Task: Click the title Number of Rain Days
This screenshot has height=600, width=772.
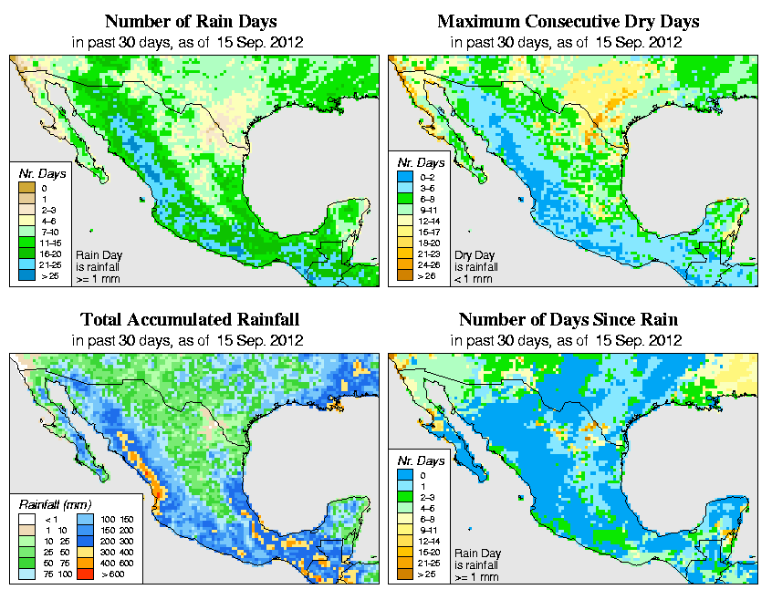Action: tap(190, 21)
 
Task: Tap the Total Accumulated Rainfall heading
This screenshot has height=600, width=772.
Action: tap(190, 320)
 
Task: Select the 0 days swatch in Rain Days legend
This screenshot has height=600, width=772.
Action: tap(27, 188)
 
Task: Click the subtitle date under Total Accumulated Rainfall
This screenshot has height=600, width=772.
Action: tap(190, 340)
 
